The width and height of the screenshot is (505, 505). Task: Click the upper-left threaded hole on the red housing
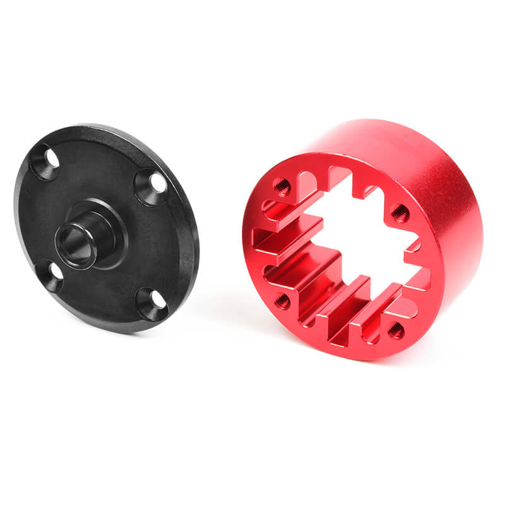282,186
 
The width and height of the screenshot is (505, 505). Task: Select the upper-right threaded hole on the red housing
400,213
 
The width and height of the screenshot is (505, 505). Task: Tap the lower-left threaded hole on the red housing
282,300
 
